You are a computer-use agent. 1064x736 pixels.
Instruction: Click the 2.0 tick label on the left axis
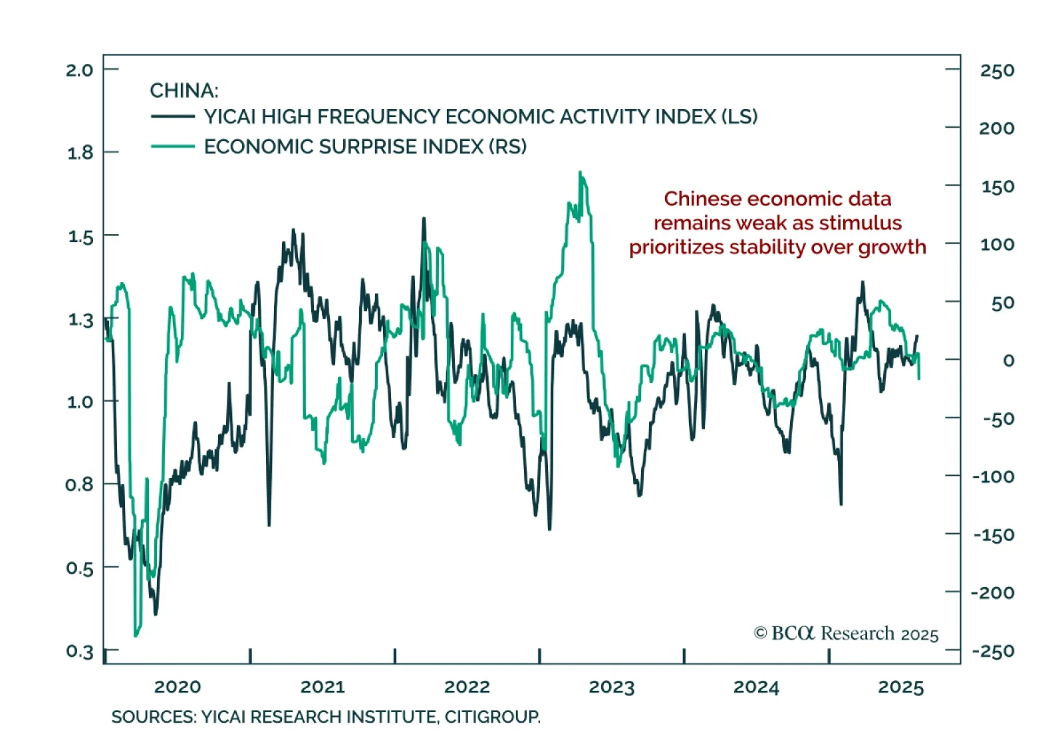coord(79,70)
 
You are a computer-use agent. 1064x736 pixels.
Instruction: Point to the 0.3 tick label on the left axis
coord(79,651)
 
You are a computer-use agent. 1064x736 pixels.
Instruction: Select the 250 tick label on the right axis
coord(997,70)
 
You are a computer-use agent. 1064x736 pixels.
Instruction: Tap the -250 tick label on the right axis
coord(994,651)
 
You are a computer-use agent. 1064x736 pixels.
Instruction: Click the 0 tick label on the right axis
coord(1008,360)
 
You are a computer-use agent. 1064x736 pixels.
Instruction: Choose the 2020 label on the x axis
coord(178,687)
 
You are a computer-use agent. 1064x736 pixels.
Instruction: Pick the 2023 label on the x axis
coord(612,687)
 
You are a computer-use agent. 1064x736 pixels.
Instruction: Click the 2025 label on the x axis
coord(901,687)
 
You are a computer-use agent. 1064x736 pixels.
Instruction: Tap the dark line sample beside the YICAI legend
coord(173,116)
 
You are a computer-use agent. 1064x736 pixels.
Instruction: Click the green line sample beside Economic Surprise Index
coord(173,146)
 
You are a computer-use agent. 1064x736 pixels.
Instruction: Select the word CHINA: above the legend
coord(184,90)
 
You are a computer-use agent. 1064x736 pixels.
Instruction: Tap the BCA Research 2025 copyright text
coord(846,634)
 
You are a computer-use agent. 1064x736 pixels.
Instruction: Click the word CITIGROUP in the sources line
coord(492,717)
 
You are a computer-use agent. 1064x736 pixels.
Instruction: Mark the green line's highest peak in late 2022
coord(581,172)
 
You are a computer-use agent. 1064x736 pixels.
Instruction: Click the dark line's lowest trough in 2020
coord(156,614)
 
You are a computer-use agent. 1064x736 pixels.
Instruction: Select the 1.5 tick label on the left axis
coord(80,237)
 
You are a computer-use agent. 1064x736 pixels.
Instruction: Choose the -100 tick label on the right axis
coord(994,476)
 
